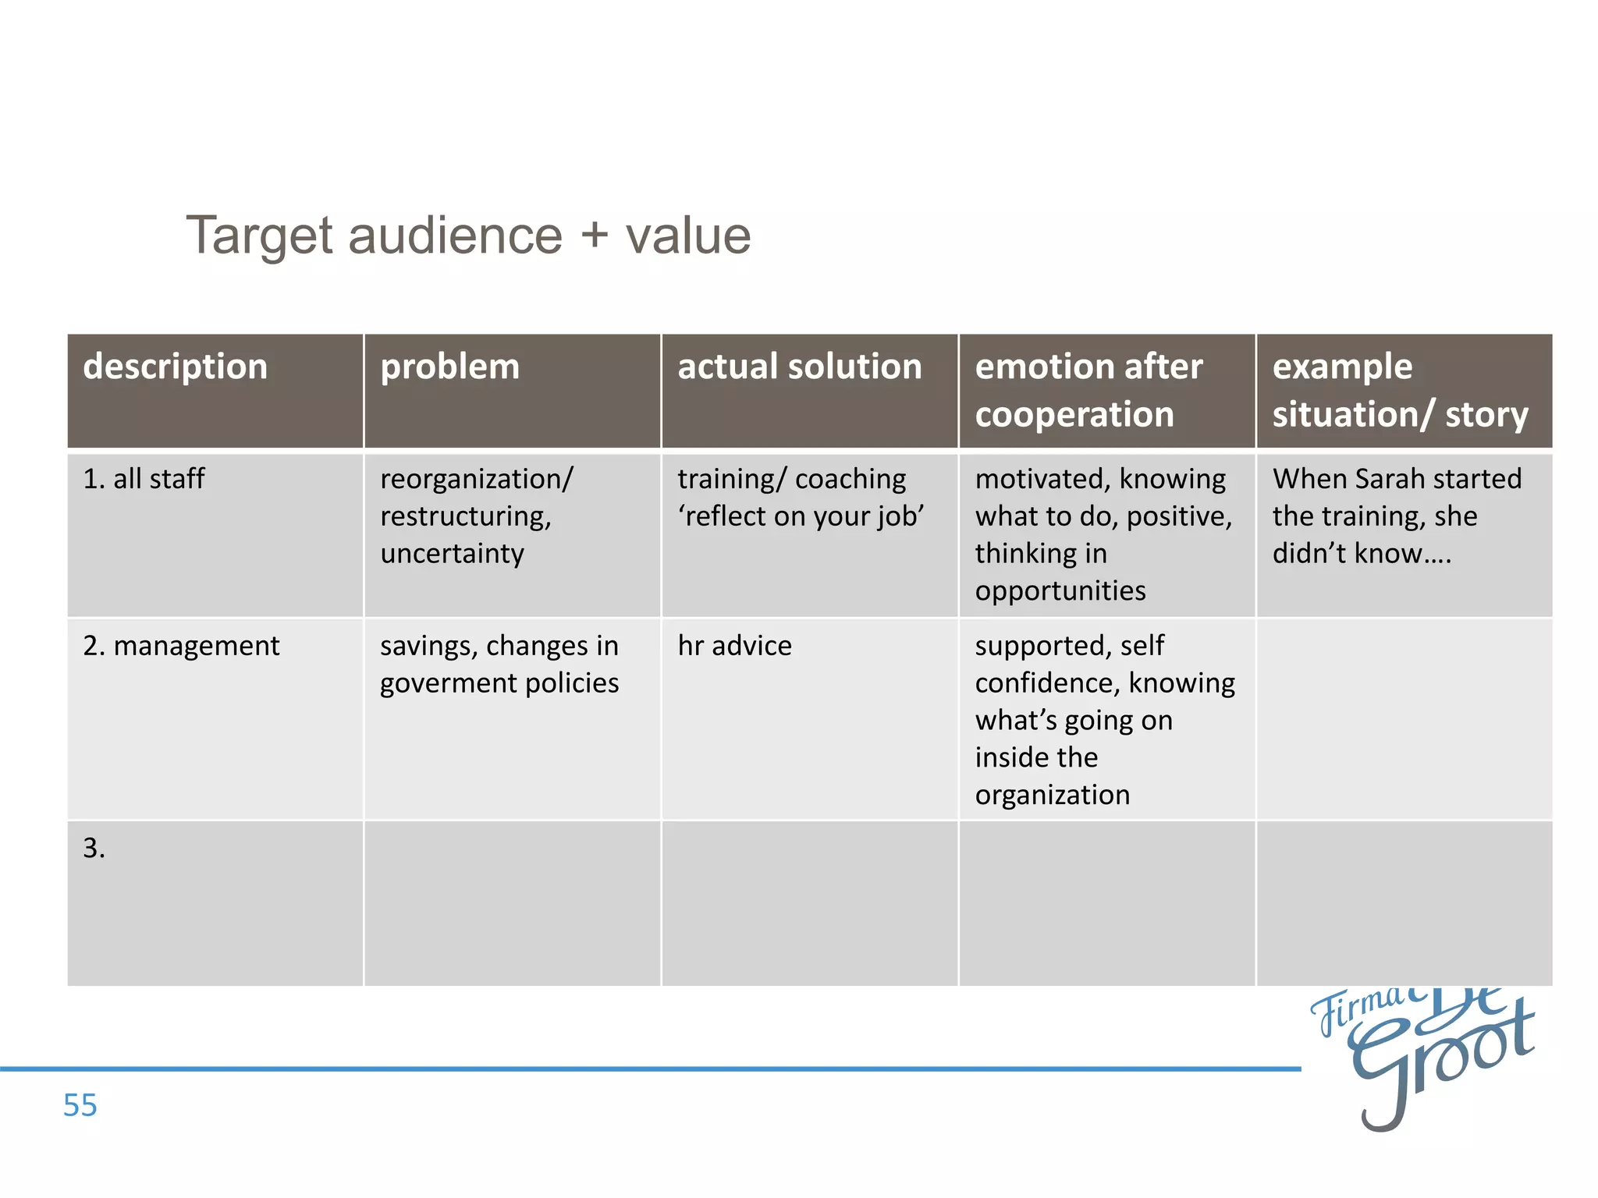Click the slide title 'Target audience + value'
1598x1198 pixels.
click(x=468, y=236)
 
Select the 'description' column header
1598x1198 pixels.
click(x=176, y=367)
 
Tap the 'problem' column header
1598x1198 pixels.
click(x=449, y=367)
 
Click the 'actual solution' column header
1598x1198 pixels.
click(x=800, y=367)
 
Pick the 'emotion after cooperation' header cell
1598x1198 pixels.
click(x=1089, y=390)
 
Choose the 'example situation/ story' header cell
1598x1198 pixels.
click(x=1400, y=390)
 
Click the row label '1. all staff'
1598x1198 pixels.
click(x=144, y=479)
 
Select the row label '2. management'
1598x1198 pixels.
click(x=181, y=646)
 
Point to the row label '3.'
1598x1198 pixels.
click(x=94, y=849)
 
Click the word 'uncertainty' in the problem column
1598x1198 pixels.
click(x=453, y=554)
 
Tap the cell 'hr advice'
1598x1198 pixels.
click(x=734, y=646)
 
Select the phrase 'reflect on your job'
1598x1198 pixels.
click(x=801, y=516)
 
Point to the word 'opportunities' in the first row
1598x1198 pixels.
click(x=1060, y=591)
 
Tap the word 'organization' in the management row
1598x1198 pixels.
click(x=1052, y=796)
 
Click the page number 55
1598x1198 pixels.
click(x=80, y=1105)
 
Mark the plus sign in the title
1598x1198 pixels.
click(x=594, y=236)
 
